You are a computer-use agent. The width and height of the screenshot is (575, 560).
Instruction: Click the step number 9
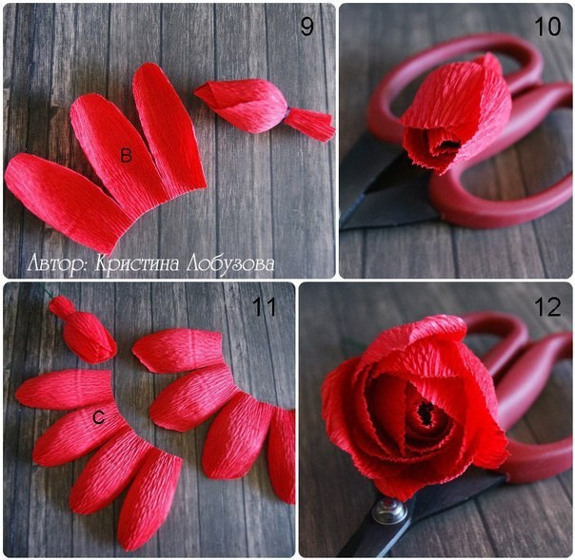click(307, 27)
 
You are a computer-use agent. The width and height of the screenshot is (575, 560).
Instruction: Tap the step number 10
click(547, 27)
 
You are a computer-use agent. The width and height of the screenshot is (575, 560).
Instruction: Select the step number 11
click(264, 306)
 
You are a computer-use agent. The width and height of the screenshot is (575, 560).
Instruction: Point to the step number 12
click(547, 306)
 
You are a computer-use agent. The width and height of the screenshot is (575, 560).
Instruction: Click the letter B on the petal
click(127, 155)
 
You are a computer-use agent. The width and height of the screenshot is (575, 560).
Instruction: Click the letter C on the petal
click(98, 416)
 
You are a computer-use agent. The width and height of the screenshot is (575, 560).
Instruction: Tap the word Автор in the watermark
click(58, 263)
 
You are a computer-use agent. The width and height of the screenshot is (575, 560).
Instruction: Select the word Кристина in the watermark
click(137, 263)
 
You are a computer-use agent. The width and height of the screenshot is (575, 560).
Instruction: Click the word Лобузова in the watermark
click(230, 263)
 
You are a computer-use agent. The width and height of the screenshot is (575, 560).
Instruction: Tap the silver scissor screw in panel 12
click(389, 511)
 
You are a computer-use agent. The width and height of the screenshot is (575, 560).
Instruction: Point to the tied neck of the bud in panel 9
click(287, 112)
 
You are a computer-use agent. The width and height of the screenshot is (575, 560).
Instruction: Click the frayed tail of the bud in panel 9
click(310, 124)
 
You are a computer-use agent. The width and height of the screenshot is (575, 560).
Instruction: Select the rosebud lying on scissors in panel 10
click(457, 113)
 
